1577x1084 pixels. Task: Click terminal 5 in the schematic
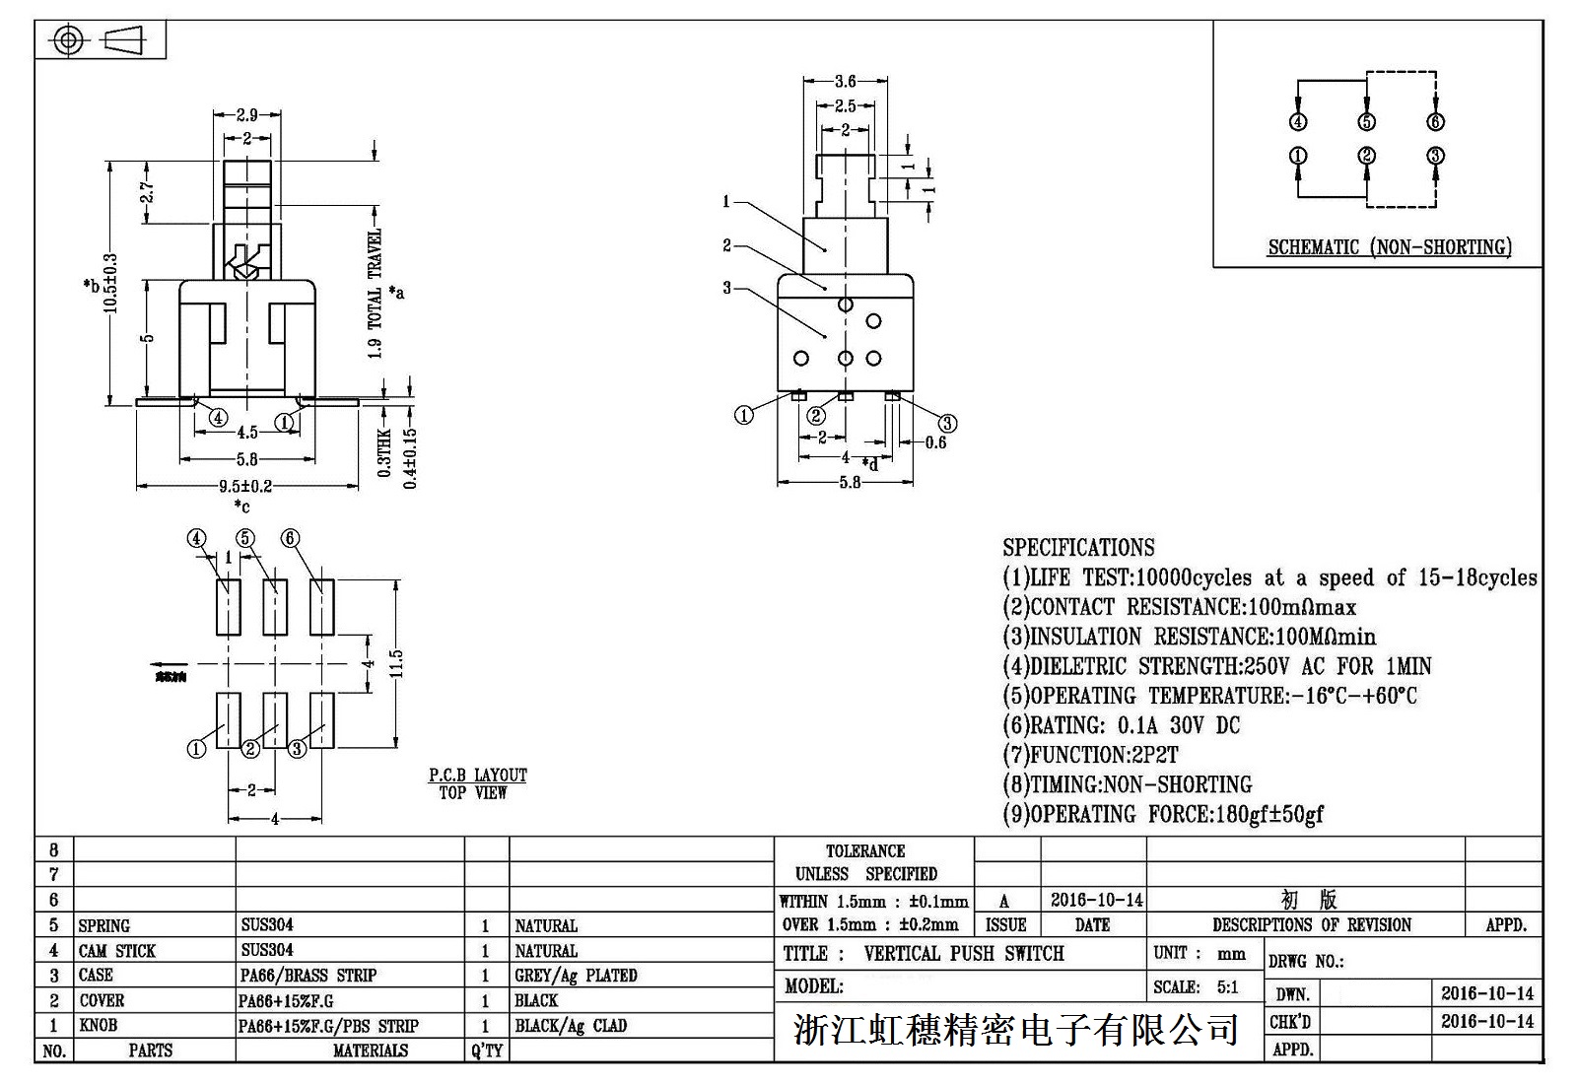[1366, 122]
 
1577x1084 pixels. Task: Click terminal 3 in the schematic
[1435, 156]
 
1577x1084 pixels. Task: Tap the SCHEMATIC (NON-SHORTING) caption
[1390, 247]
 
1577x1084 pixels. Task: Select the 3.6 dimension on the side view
[845, 82]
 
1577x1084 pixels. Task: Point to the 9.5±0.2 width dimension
[245, 486]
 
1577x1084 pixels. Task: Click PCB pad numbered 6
[321, 608]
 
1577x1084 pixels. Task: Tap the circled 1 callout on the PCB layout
[197, 749]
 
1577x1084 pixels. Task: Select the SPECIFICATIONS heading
[1078, 548]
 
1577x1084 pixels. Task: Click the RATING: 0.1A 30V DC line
[1122, 726]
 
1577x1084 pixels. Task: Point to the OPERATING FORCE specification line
[1163, 815]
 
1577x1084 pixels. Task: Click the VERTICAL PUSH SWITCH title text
[963, 954]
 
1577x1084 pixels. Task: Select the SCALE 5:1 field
[1196, 987]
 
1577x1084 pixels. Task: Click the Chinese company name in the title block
[1015, 1031]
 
